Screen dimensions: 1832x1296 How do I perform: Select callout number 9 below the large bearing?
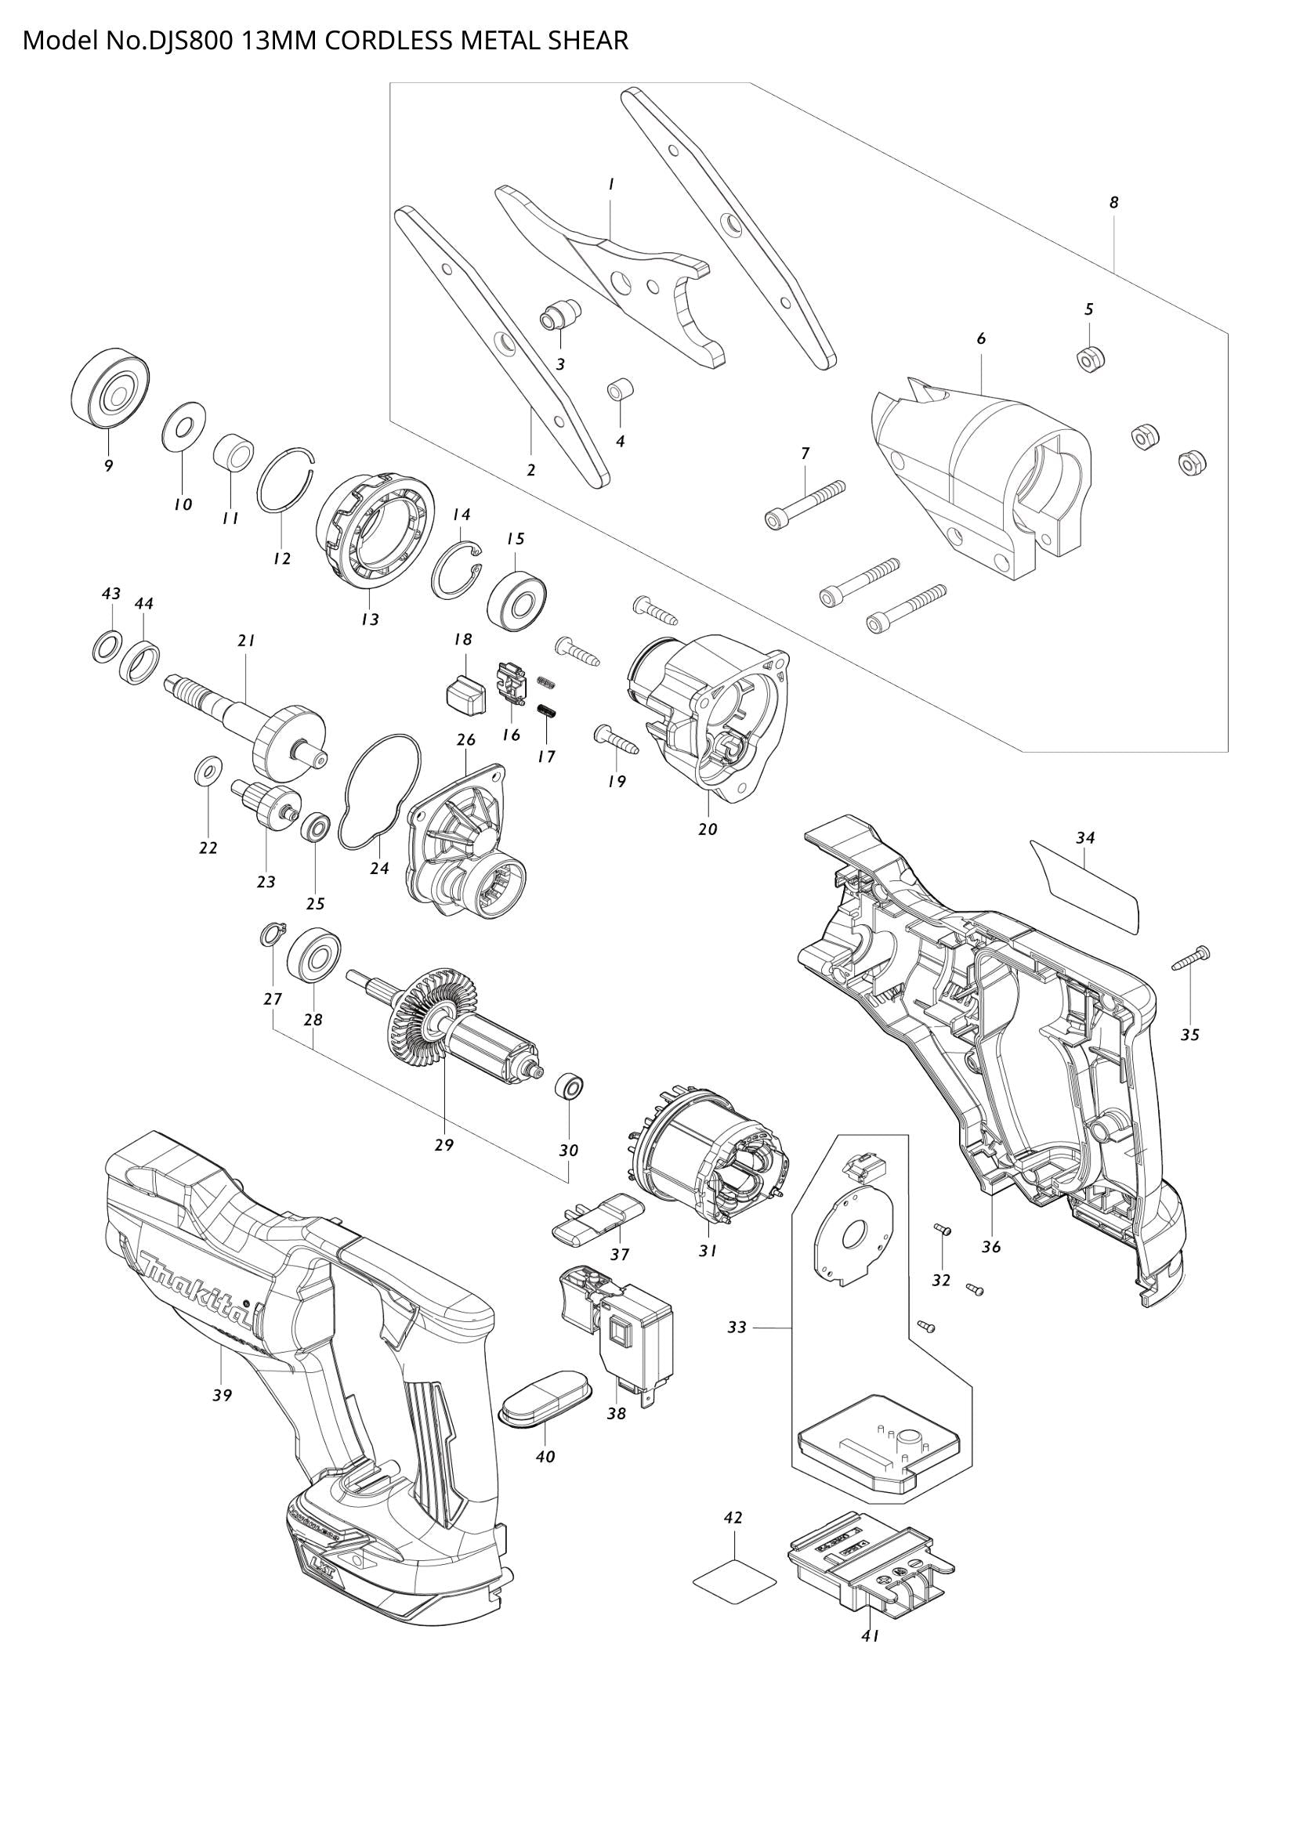click(109, 466)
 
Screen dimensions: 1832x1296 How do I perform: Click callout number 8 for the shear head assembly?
click(1114, 203)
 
